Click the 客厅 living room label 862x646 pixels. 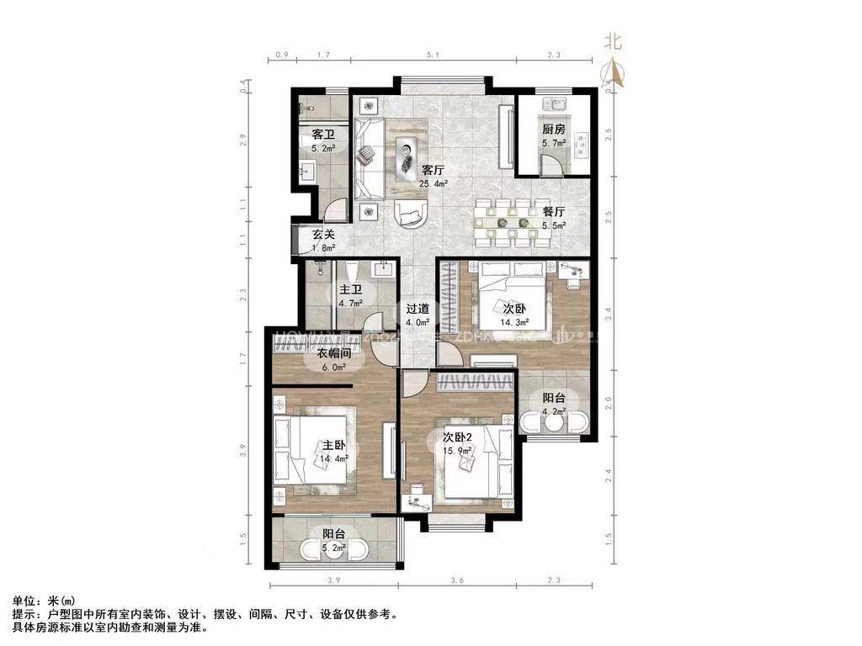click(x=434, y=167)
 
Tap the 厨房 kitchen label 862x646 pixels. click(x=553, y=130)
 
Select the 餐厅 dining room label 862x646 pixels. click(x=553, y=212)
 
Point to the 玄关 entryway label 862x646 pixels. click(x=324, y=235)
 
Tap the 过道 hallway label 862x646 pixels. click(x=418, y=309)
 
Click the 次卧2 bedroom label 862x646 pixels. click(x=461, y=437)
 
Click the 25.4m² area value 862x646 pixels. click(x=434, y=182)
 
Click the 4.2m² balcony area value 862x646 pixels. click(x=553, y=412)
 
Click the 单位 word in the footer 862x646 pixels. click(x=24, y=601)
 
